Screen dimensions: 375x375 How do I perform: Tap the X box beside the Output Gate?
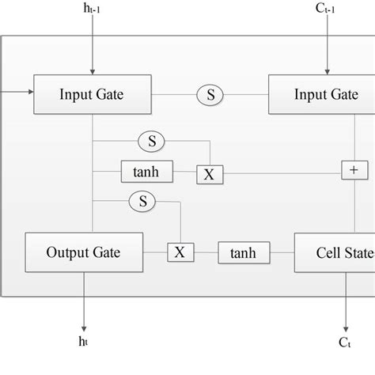click(x=180, y=253)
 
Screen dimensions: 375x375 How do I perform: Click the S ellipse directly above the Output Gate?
click(x=143, y=203)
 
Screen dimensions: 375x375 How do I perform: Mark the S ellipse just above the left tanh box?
click(x=151, y=142)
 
